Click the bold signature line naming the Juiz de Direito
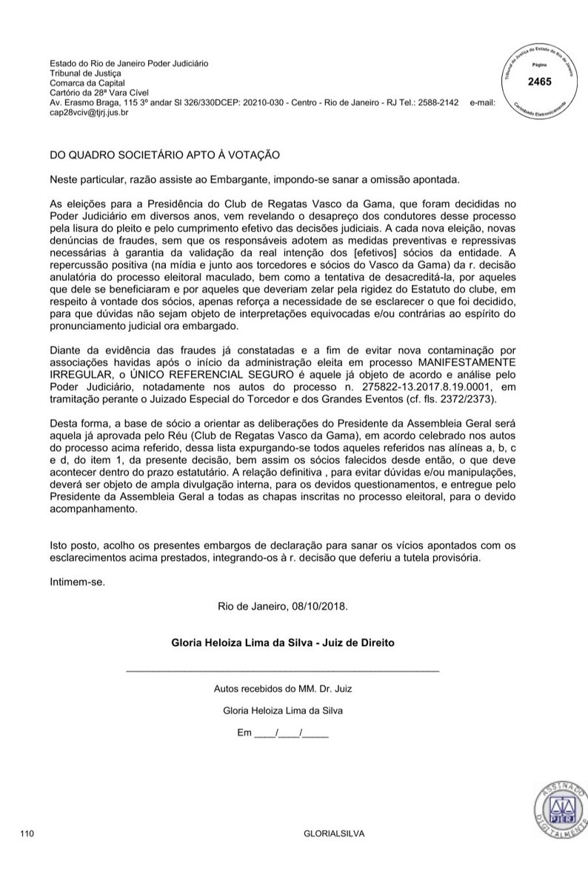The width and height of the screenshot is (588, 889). coord(283,643)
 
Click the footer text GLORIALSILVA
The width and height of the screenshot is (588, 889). coord(334,833)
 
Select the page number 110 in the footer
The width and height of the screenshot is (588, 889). coord(27,833)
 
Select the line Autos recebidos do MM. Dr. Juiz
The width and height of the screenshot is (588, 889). coord(283,688)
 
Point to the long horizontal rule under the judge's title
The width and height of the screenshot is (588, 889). coord(283,670)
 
